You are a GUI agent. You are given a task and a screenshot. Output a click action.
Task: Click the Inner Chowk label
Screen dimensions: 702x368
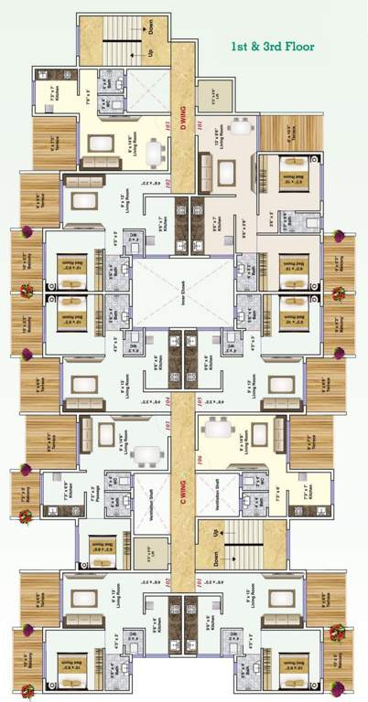[x=183, y=292]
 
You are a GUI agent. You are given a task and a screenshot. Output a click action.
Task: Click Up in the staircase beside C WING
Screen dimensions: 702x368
[x=216, y=531]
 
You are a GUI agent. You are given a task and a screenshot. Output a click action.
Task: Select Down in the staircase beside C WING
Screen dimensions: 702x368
[x=216, y=554]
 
